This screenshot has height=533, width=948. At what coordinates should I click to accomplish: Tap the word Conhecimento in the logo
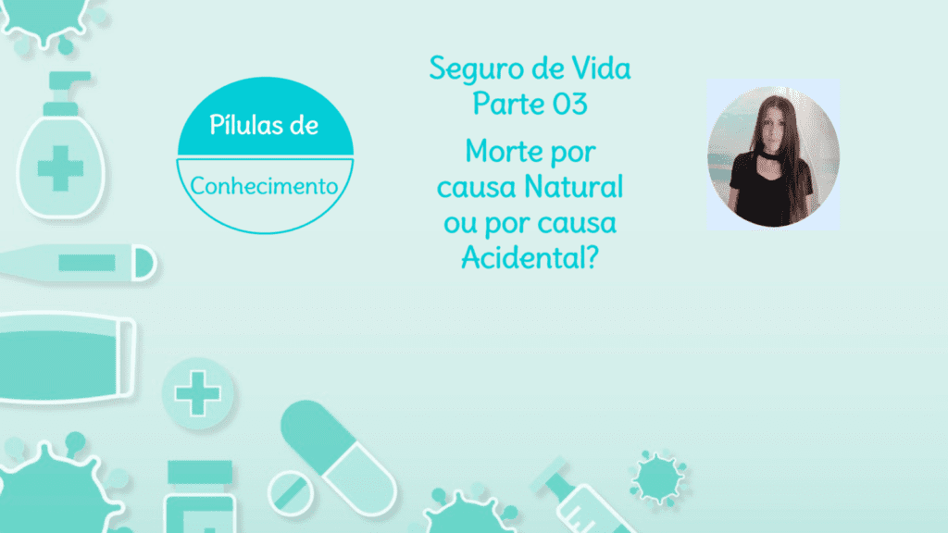click(264, 186)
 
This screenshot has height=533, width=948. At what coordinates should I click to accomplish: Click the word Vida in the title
click(601, 68)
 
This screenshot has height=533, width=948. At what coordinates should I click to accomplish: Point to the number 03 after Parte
click(570, 104)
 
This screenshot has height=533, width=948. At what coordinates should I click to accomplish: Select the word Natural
click(573, 186)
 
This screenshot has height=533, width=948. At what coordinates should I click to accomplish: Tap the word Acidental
click(522, 258)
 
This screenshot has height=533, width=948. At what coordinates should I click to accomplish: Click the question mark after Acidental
click(592, 257)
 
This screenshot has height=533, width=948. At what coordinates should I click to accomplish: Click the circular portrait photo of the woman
click(773, 155)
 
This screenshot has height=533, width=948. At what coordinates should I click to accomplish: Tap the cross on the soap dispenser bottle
click(60, 168)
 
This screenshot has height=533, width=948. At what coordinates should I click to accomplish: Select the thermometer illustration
click(79, 263)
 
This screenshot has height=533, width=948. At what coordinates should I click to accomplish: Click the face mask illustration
click(66, 357)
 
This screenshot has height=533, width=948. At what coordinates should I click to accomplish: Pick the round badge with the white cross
click(197, 393)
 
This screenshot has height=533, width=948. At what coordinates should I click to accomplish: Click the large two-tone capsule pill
click(338, 458)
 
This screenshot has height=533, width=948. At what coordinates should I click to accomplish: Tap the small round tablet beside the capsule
click(291, 492)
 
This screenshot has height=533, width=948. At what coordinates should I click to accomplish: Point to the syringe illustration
click(581, 497)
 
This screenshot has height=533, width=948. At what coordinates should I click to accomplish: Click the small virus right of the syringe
click(658, 477)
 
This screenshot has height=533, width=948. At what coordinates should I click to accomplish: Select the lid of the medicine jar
click(200, 472)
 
